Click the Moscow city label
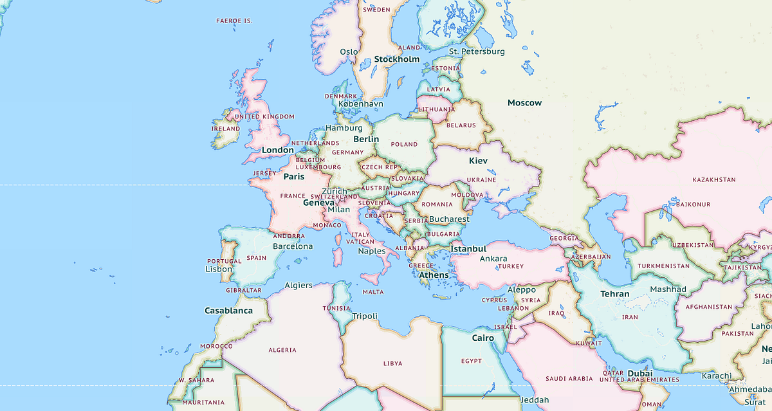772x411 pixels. pyautogui.click(x=524, y=103)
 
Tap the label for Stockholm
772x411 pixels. pyautogui.click(x=396, y=59)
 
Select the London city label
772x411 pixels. pyautogui.click(x=277, y=151)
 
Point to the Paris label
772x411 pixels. pyautogui.click(x=293, y=176)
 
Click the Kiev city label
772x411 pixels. pyautogui.click(x=478, y=160)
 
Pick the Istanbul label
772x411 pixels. pyautogui.click(x=468, y=248)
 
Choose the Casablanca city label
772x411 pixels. pyautogui.click(x=228, y=311)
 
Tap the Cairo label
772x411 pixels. pyautogui.click(x=482, y=338)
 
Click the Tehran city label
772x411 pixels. pyautogui.click(x=615, y=294)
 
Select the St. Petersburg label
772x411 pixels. pyautogui.click(x=477, y=51)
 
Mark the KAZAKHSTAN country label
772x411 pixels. pyautogui.click(x=713, y=179)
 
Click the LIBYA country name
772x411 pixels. pyautogui.click(x=392, y=363)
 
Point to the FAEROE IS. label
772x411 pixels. pyautogui.click(x=234, y=21)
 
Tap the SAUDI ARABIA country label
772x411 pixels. pyautogui.click(x=568, y=379)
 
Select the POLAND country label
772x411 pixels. pyautogui.click(x=404, y=145)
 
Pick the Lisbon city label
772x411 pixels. pyautogui.click(x=219, y=269)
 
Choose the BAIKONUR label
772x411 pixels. pyautogui.click(x=694, y=205)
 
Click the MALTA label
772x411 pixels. pyautogui.click(x=373, y=292)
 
